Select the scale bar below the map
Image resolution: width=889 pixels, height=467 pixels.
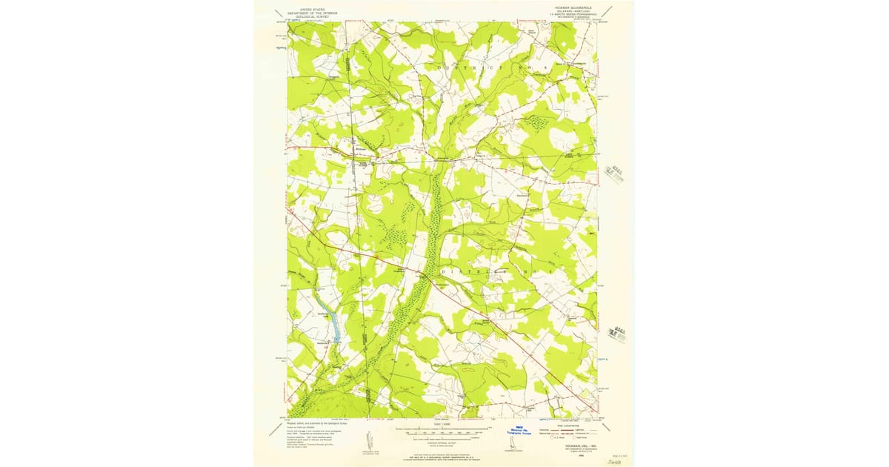pos(443,431)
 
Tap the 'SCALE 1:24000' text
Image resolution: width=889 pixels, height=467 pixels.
pos(442,424)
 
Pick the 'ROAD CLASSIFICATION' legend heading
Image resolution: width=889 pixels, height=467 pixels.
pos(571,425)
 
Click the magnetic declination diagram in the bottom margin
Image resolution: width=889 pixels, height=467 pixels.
pos(369,439)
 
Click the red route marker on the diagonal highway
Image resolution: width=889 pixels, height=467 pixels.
pos(377,257)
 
